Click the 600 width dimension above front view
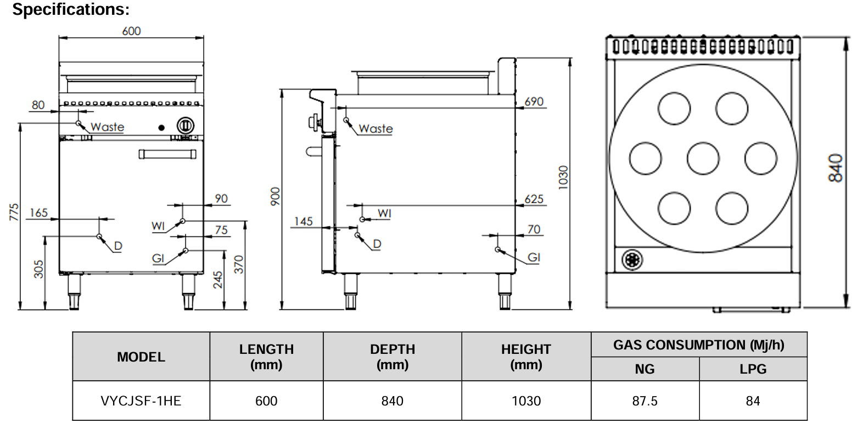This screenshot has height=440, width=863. tap(131, 31)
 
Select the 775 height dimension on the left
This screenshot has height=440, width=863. tap(14, 212)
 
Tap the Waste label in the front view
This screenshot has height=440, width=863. tap(107, 127)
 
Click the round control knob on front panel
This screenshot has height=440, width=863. tap(185, 126)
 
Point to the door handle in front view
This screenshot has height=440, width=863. tap(167, 154)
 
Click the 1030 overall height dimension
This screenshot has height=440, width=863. tap(563, 177)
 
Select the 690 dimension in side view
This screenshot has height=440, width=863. tap(534, 101)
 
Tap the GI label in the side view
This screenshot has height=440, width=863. tap(534, 257)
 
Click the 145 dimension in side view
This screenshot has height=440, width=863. tap(303, 221)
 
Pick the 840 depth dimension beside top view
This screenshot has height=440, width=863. tap(836, 167)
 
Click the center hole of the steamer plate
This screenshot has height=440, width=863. tap(703, 158)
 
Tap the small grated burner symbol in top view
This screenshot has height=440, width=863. tap(632, 260)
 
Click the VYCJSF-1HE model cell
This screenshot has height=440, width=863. tap(141, 401)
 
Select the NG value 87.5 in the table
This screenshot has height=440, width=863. tap(645, 401)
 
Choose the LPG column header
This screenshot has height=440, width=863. tap(753, 369)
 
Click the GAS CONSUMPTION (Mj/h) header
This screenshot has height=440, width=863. tap(698, 345)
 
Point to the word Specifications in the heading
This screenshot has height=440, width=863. tap(70, 9)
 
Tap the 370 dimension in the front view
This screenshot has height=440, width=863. tap(238, 264)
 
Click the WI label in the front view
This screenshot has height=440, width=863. tap(158, 225)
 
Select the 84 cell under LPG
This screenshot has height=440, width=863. tap(753, 401)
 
